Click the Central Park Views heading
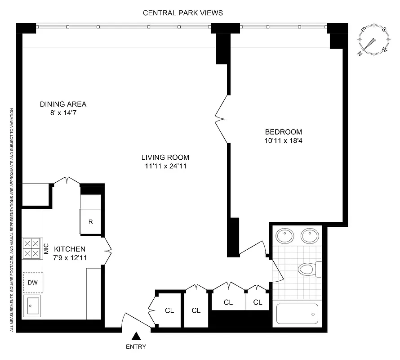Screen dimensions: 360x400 point(182,13)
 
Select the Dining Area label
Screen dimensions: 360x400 point(63,104)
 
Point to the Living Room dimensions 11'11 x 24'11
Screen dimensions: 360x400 point(165,166)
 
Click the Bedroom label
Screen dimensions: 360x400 point(283,132)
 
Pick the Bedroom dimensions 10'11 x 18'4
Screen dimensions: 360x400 point(283,140)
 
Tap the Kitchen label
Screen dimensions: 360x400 point(70,249)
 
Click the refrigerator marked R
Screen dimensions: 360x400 point(90,222)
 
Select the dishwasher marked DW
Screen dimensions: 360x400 point(33,282)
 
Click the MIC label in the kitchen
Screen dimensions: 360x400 point(45,248)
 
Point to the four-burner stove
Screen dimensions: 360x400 point(31,248)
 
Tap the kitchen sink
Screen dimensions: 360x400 point(31,307)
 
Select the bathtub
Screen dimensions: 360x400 point(297,313)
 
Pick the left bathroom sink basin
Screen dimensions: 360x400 point(284,235)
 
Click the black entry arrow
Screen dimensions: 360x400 point(136,336)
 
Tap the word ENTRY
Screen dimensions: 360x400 point(136,346)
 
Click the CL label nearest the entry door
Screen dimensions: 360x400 point(169,310)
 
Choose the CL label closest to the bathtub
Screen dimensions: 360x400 point(258,302)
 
